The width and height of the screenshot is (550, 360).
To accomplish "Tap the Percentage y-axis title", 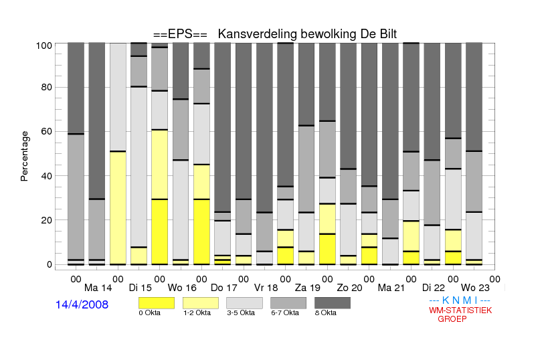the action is (24, 156).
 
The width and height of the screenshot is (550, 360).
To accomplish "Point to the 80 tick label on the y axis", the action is (46, 87).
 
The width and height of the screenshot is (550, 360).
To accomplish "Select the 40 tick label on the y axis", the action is (46, 176).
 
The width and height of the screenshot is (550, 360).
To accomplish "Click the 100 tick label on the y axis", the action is (44, 46).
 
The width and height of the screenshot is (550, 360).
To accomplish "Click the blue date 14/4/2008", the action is (82, 304).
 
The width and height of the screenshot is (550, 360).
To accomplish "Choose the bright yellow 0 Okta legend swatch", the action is (157, 303).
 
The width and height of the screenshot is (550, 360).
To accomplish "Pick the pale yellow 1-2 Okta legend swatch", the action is (201, 303).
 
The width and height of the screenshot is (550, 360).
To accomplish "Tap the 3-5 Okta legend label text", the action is (241, 312).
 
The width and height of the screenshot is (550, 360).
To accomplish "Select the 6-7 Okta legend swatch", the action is (288, 303).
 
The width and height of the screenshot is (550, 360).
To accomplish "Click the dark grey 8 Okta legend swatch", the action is (333, 303).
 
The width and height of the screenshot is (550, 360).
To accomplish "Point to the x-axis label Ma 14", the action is (98, 288).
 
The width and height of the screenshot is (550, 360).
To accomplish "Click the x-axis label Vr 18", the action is (266, 288).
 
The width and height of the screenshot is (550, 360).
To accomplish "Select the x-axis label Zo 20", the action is (349, 288).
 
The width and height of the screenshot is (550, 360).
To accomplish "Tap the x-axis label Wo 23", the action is (475, 288).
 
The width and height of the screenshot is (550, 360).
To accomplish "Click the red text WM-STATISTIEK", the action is (460, 310).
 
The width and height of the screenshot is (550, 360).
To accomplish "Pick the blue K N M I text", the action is (460, 300).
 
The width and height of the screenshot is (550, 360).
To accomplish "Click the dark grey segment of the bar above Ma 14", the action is (97, 120).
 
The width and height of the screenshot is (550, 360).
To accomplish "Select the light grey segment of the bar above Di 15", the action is (139, 167).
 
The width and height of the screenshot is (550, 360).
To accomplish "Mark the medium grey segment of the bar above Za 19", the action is (306, 169).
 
